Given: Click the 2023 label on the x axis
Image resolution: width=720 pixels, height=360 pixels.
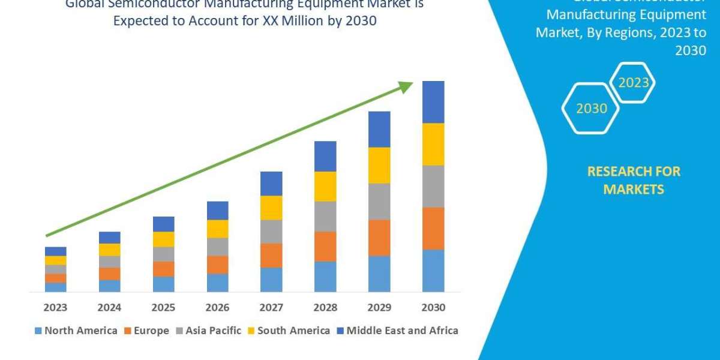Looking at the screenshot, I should point(55,308).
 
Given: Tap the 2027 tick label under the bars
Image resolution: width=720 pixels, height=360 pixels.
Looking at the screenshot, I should point(271,308).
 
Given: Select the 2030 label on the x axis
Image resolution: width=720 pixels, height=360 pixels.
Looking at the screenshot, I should point(433,308).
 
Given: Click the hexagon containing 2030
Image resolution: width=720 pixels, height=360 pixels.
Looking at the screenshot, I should point(591,109).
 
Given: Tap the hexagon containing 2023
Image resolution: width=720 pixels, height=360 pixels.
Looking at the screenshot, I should point(633,83).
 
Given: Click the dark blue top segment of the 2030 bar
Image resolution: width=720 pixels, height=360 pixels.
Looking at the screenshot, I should point(433,102).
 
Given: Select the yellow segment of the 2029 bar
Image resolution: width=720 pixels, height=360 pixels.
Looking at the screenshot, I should point(379,165).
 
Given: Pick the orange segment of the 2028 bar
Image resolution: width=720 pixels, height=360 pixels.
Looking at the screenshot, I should point(325,246).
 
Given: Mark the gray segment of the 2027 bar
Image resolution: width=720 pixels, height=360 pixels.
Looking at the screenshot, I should point(271,231).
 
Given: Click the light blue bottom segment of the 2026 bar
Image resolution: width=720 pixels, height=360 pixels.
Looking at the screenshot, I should point(217,283).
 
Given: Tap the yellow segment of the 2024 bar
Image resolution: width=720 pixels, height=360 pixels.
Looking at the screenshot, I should point(109,250).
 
